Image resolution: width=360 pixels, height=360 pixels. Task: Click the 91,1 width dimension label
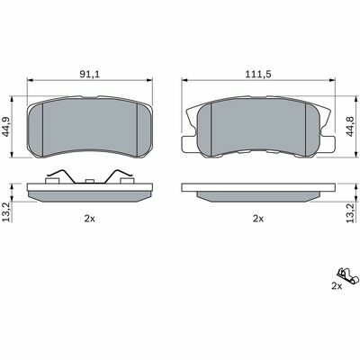pyautogui.click(x=89, y=74)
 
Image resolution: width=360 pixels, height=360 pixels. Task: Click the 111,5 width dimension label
pyautogui.click(x=258, y=74)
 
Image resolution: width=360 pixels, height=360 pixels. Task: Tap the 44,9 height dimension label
pyautogui.click(x=6, y=126)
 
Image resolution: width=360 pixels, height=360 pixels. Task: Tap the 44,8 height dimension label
pyautogui.click(x=350, y=126)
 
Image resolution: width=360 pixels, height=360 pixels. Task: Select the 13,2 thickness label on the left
pyautogui.click(x=6, y=212)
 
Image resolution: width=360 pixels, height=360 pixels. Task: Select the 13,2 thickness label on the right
pyautogui.click(x=350, y=212)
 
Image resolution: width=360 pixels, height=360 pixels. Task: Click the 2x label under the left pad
pyautogui.click(x=89, y=219)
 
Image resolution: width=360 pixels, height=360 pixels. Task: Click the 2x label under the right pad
pyautogui.click(x=258, y=219)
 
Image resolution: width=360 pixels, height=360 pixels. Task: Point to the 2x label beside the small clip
pyautogui.click(x=337, y=286)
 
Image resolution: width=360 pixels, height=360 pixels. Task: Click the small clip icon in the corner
pyautogui.click(x=348, y=275)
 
